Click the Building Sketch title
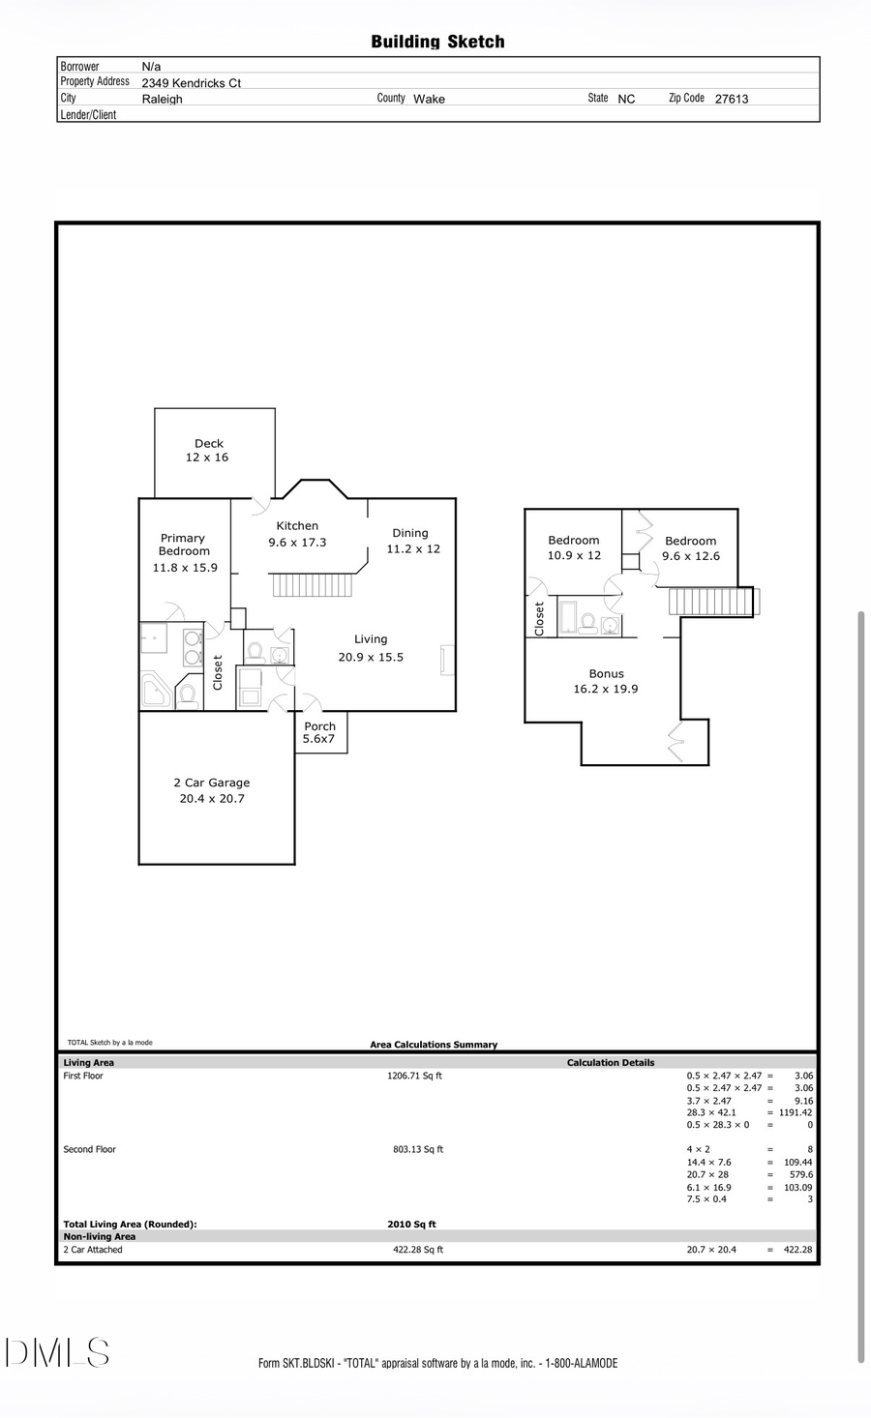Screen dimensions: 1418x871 [x=437, y=42]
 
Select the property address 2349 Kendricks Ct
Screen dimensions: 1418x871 [x=191, y=83]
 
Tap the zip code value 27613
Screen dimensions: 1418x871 [x=731, y=99]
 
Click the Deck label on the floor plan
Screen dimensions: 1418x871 [x=208, y=444]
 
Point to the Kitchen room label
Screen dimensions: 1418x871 [x=297, y=526]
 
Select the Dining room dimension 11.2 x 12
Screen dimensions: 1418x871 [x=413, y=549]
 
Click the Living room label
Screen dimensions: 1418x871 [x=371, y=639]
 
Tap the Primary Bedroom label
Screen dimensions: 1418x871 [x=183, y=545]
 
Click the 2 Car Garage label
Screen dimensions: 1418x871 [x=212, y=783]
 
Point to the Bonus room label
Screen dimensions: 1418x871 [x=607, y=674]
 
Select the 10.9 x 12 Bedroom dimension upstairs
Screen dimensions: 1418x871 [x=574, y=556]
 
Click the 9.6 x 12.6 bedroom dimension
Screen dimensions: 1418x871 [x=691, y=557]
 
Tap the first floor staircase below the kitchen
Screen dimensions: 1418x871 [x=310, y=585]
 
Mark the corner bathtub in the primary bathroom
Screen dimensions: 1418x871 [x=156, y=691]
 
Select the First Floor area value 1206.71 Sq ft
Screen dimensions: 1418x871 [x=414, y=1076]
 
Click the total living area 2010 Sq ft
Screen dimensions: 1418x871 [x=411, y=1225]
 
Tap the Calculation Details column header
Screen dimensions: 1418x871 [x=611, y=1063]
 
